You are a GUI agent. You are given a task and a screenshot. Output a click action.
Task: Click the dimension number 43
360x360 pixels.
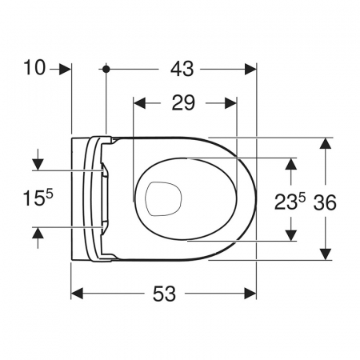point(182,69)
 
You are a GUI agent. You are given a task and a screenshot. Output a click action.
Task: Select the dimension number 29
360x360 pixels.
point(183,102)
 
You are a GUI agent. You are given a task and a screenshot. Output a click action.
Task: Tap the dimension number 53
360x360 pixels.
point(164,294)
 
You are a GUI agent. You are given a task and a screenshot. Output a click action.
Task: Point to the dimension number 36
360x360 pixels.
point(325,202)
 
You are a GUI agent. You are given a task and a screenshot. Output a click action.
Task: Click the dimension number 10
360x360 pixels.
point(34,67)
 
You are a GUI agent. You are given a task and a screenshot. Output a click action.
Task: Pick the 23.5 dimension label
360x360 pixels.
point(290,201)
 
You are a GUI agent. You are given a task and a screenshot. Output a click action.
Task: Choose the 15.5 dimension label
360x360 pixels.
point(38,198)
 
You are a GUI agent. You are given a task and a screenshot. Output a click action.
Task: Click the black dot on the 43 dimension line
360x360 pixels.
point(106,69)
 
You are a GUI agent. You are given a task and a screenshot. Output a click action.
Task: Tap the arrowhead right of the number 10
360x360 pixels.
point(65,70)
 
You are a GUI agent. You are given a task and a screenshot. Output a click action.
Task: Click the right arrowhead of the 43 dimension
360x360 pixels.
point(250,70)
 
